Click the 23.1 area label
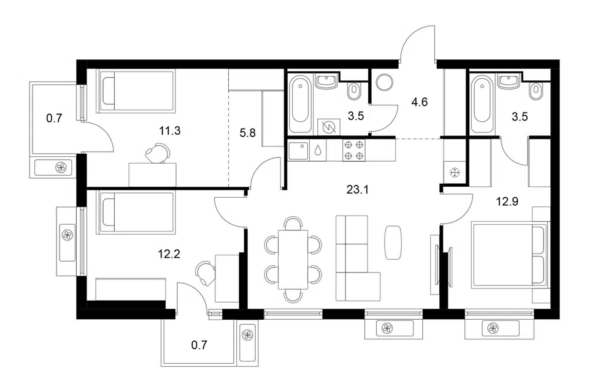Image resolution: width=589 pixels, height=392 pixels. [357, 190]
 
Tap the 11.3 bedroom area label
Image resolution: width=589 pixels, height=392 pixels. [170, 130]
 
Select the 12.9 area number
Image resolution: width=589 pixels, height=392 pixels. [507, 202]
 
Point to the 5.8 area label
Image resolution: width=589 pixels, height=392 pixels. [247, 132]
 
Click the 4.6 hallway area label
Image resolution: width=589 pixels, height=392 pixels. [419, 102]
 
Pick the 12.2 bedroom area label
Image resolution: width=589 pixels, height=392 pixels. [169, 254]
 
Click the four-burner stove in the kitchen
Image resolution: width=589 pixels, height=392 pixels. [353, 151]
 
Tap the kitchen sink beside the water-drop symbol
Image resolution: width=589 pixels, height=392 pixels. [299, 151]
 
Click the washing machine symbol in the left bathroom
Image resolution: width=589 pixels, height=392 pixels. [329, 128]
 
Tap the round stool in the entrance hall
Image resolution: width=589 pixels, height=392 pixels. [385, 81]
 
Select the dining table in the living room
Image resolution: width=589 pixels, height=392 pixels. [293, 259]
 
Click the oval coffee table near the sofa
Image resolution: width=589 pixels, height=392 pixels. [393, 243]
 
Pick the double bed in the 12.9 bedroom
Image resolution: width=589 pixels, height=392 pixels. [509, 255]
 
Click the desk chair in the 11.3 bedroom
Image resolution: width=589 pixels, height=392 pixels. [158, 153]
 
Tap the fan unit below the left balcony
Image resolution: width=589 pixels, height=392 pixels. [53, 167]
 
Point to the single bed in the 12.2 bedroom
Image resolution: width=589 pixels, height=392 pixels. [136, 213]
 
